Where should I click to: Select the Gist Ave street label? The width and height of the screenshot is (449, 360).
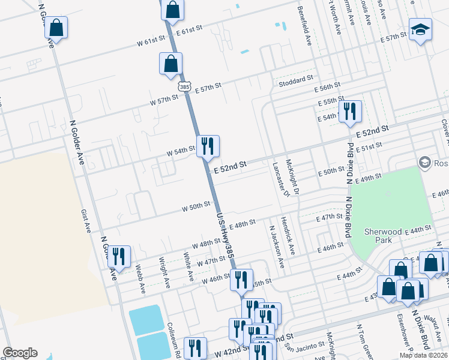coord(87,221)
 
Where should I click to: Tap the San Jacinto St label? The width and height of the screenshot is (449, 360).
coord(304,347)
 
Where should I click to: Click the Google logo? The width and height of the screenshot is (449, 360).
coord(20,353)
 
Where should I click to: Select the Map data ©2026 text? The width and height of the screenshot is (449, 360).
coord(424,355)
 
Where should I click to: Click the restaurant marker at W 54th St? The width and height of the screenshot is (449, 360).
coord(208,146)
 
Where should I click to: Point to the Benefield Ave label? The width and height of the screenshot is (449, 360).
coord(305,26)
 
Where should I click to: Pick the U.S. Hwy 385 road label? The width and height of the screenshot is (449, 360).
coord(225,235)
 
